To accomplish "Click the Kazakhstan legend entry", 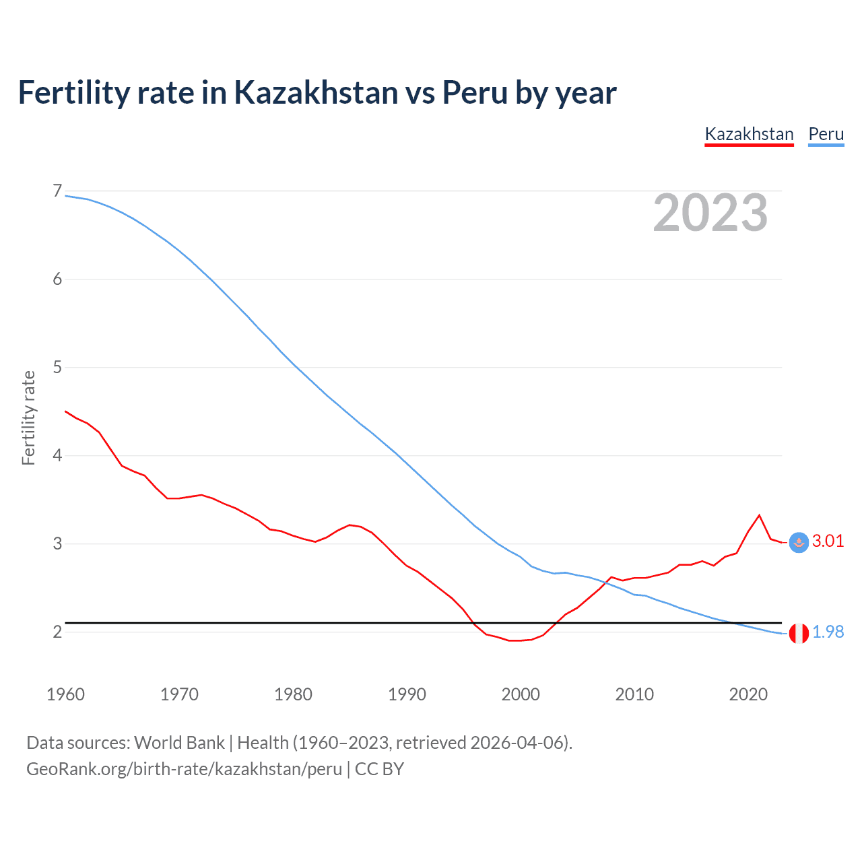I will tap(749, 134).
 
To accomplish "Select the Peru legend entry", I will tap(826, 134).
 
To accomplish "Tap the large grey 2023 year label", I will tap(710, 213).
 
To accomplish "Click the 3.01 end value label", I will tap(828, 541).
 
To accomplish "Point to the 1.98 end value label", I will tap(828, 632).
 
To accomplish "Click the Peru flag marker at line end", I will tap(798, 634).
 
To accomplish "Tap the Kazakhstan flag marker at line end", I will tap(798, 543).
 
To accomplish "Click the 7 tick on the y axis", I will tap(57, 191).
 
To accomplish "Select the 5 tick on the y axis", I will tap(57, 368).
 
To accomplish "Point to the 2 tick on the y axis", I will tap(57, 632).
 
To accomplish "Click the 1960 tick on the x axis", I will tap(65, 694).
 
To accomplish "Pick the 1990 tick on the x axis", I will tap(407, 694).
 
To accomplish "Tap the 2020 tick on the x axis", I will tap(748, 694).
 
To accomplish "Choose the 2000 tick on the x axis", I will tap(521, 694).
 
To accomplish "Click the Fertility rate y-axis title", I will tap(28, 418).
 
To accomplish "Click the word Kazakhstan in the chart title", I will tap(316, 93).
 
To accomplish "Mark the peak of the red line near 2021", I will tap(760, 515).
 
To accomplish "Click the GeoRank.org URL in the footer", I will tap(184, 769).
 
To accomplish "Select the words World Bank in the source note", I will tap(179, 743).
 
